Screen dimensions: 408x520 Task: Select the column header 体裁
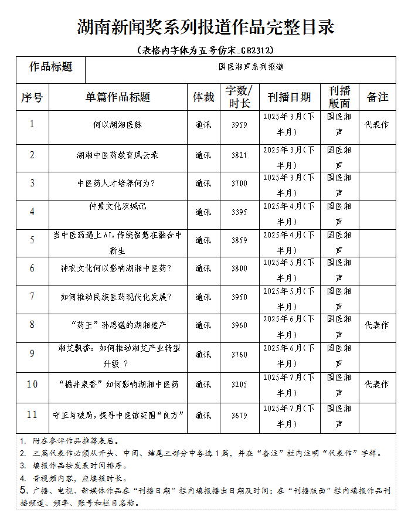(x=203, y=97)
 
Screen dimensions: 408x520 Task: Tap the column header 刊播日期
(x=289, y=97)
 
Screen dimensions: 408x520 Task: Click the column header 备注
(x=378, y=97)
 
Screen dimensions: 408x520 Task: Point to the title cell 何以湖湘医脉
(x=118, y=125)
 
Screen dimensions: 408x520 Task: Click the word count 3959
(x=239, y=125)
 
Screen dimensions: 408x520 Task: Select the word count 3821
(x=239, y=155)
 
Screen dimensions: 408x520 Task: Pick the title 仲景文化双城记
(x=118, y=206)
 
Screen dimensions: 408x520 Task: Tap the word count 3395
(x=239, y=212)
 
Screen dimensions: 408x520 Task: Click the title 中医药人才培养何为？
(x=118, y=183)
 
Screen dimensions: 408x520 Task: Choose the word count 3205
(x=239, y=385)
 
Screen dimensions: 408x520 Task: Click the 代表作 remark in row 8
(x=377, y=325)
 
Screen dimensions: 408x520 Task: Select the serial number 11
(x=32, y=414)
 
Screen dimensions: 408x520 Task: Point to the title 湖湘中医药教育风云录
(x=118, y=155)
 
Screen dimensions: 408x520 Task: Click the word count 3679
(x=239, y=415)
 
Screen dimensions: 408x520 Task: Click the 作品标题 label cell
(x=51, y=67)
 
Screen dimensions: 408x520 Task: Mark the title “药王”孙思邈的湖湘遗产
(x=118, y=325)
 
